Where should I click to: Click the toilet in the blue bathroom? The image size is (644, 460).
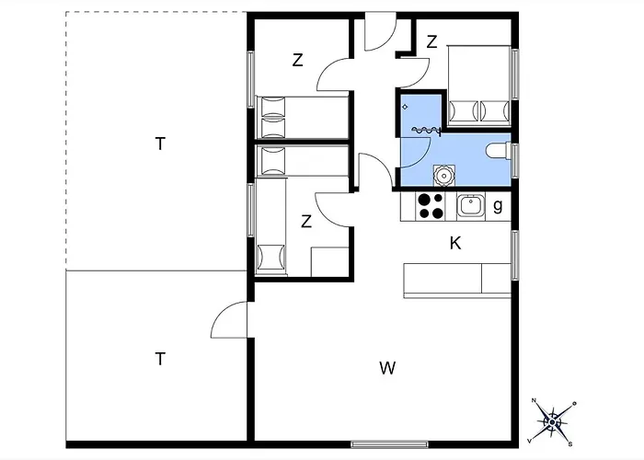pyautogui.click(x=499, y=150)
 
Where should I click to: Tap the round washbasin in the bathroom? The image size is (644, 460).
pyautogui.click(x=444, y=175)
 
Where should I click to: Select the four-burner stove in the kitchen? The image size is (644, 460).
pyautogui.click(x=430, y=206)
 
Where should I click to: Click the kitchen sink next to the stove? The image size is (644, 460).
pyautogui.click(x=471, y=205)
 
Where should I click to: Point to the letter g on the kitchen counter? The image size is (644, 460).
pyautogui.click(x=498, y=205)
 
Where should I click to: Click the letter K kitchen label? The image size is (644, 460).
pyautogui.click(x=455, y=243)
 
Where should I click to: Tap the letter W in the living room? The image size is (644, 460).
pyautogui.click(x=387, y=368)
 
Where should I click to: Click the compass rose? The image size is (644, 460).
pyautogui.click(x=552, y=421)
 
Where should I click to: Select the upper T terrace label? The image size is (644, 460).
pyautogui.click(x=160, y=144)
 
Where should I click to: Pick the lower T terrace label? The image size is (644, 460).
pyautogui.click(x=160, y=359)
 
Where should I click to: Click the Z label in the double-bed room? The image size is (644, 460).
pyautogui.click(x=431, y=42)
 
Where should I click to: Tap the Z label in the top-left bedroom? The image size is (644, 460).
pyautogui.click(x=298, y=60)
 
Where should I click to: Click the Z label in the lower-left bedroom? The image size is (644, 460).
pyautogui.click(x=306, y=222)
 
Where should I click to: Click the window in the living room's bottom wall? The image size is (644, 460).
pyautogui.click(x=389, y=444)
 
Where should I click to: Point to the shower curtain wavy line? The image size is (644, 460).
pyautogui.click(x=425, y=131)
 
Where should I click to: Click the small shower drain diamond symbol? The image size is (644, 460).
pyautogui.click(x=405, y=108)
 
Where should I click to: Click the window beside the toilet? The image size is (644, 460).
pyautogui.click(x=515, y=161)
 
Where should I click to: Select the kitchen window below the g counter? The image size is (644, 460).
pyautogui.click(x=515, y=256)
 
